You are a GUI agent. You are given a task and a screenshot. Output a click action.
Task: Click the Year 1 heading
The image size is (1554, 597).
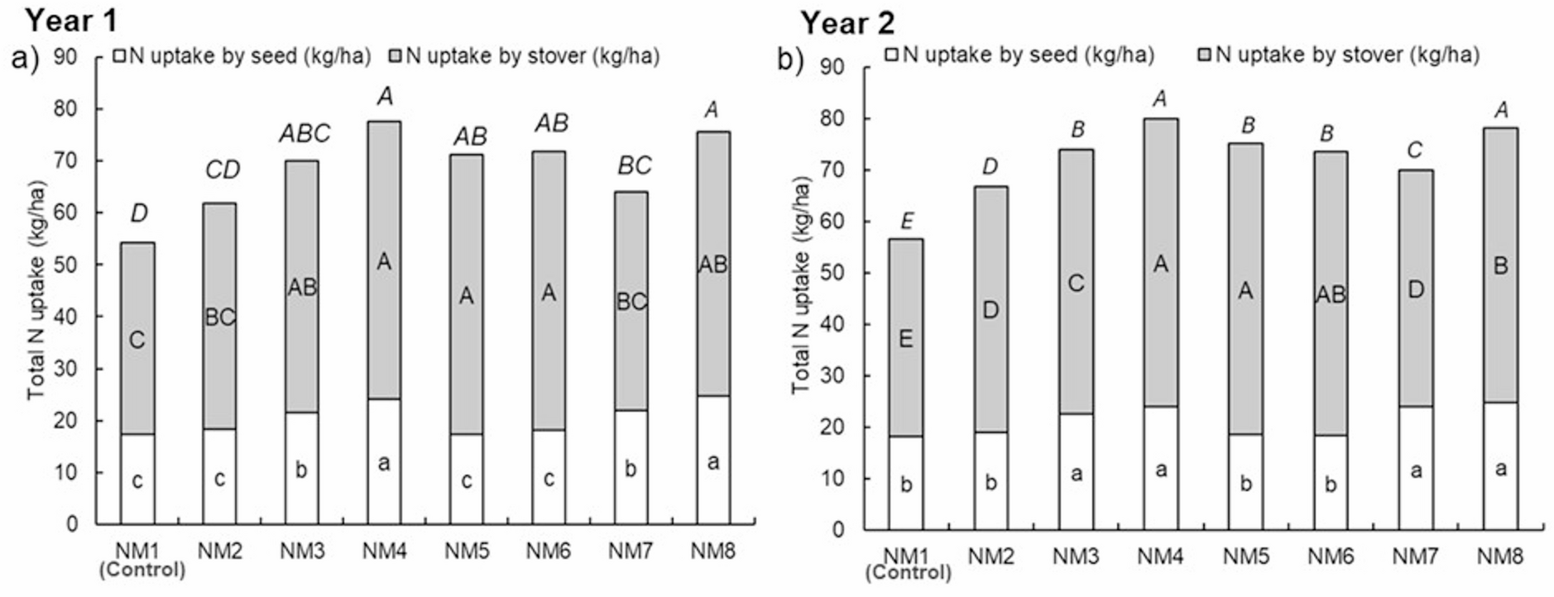pyautogui.click(x=71, y=19)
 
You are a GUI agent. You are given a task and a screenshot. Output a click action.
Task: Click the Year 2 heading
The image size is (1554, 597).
pyautogui.click(x=847, y=23)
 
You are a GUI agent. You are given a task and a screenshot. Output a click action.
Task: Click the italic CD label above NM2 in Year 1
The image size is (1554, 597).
pyautogui.click(x=222, y=170)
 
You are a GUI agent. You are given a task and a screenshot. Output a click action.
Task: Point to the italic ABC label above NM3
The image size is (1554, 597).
pyautogui.click(x=304, y=133)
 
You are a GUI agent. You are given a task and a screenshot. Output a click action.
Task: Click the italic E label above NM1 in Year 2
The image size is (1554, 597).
pyautogui.click(x=907, y=221)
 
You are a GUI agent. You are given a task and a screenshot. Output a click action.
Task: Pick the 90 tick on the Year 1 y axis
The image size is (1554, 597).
pyautogui.click(x=65, y=57)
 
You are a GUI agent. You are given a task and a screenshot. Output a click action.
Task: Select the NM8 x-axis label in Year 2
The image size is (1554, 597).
pyautogui.click(x=1499, y=557)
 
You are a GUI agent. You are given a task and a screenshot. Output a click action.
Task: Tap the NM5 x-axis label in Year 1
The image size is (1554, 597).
pyautogui.click(x=467, y=551)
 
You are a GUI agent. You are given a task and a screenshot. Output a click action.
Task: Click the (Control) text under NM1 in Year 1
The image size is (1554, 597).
pyautogui.click(x=141, y=570)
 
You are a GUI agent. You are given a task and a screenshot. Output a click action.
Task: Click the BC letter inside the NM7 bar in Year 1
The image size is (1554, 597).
pyautogui.click(x=631, y=302)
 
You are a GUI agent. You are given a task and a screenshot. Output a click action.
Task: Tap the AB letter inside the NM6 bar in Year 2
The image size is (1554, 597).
pyautogui.click(x=1331, y=294)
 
